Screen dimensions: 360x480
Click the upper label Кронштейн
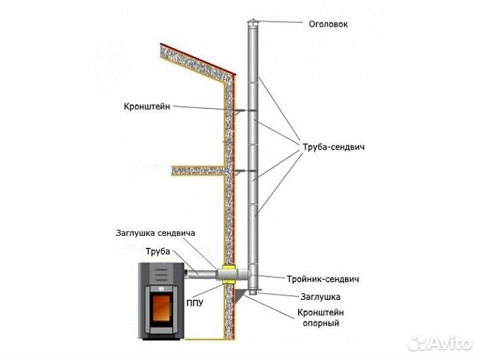[x=147, y=107]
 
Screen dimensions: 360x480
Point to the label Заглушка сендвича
[x=155, y=233]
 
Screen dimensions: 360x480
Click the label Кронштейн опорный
[x=318, y=318]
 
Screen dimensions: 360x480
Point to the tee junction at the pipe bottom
[x=251, y=276]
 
